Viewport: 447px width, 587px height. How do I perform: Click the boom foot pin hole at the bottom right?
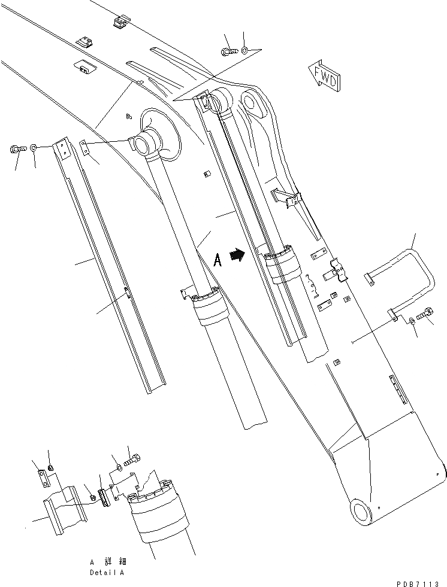pyautogui.click(x=362, y=513)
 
